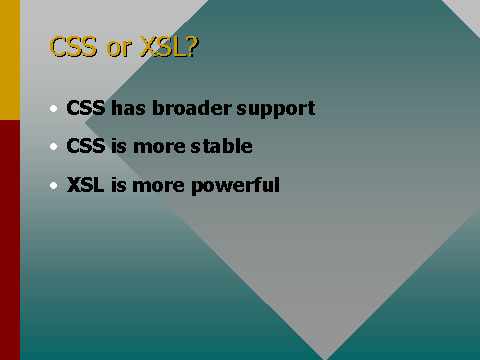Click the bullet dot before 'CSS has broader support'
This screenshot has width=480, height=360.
pyautogui.click(x=53, y=108)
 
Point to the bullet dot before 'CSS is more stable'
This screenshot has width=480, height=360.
pyautogui.click(x=53, y=147)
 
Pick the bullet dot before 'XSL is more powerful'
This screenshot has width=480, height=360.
pyautogui.click(x=53, y=185)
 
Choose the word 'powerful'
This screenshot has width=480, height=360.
pyautogui.click(x=239, y=186)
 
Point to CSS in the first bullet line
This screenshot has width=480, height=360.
pyautogui.click(x=85, y=108)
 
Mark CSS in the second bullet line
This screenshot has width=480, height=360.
pyautogui.click(x=85, y=147)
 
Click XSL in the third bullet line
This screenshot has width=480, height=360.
pyautogui.click(x=84, y=186)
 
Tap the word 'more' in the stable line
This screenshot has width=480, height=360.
pyautogui.click(x=160, y=147)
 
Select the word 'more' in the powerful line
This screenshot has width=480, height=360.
pyautogui.click(x=160, y=186)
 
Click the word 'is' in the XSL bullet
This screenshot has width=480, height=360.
pyautogui.click(x=117, y=186)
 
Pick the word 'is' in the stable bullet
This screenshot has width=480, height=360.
pyautogui.click(x=118, y=147)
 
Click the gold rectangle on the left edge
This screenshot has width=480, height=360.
pyautogui.click(x=9, y=60)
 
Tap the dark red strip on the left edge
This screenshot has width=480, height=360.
pyautogui.click(x=9, y=240)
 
